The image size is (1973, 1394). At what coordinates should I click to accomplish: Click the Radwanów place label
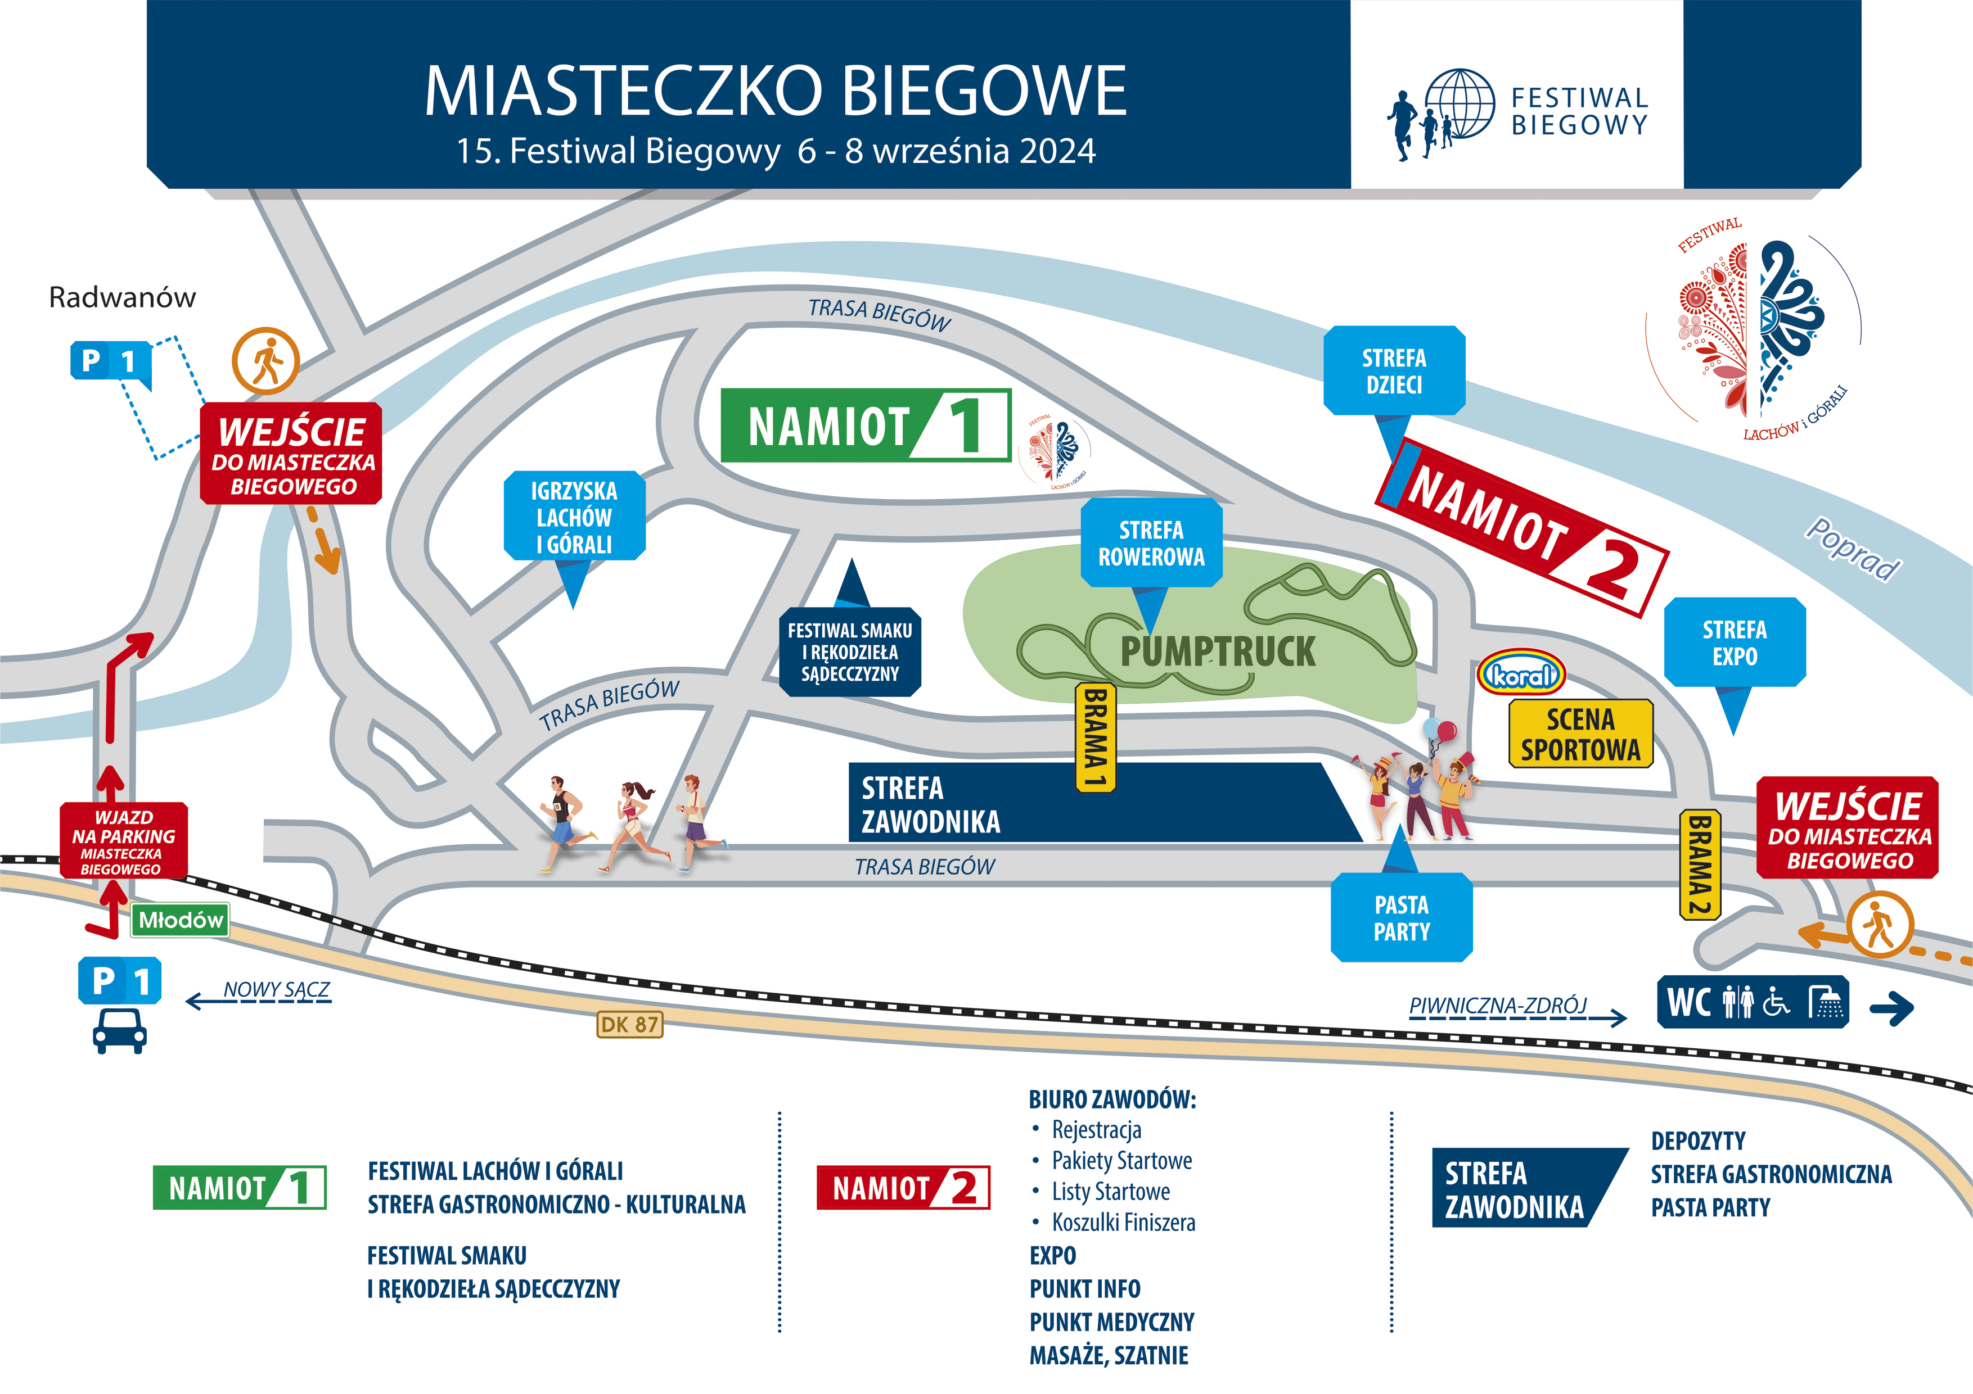click(122, 297)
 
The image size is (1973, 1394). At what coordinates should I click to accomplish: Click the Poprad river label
click(1853, 550)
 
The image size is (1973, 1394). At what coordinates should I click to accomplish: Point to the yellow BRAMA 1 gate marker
click(1095, 737)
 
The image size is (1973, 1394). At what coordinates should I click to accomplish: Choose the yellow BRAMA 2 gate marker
click(1699, 864)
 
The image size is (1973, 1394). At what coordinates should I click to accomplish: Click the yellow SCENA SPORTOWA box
click(1580, 734)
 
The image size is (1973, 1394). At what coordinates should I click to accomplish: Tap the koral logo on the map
click(1521, 675)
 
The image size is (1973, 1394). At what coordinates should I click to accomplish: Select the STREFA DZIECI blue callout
click(1394, 371)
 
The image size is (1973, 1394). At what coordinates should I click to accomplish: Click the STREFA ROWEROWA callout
click(1151, 543)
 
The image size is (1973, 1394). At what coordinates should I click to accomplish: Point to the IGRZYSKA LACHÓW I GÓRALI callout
click(574, 517)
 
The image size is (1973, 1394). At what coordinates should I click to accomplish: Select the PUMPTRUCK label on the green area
click(1217, 651)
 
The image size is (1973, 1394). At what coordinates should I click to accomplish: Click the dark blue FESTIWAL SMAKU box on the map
click(850, 652)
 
